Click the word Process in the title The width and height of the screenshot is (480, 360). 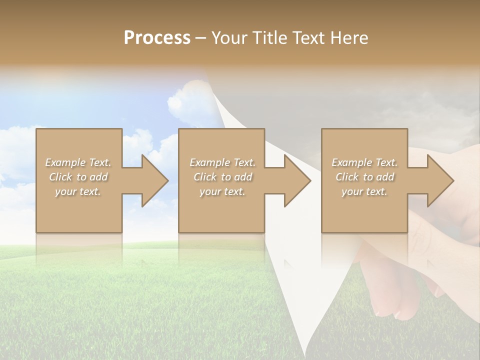(x=157, y=38)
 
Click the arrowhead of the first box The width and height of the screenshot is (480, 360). (x=155, y=180)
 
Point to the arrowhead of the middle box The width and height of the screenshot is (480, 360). (x=297, y=180)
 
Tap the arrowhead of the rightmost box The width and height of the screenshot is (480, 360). (x=440, y=180)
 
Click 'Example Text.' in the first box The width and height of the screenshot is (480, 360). (x=78, y=162)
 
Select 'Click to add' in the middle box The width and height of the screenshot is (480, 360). (x=222, y=177)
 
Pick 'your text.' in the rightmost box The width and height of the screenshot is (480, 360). (x=364, y=191)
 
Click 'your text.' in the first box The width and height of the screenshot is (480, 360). (x=78, y=191)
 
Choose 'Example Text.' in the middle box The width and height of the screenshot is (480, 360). (x=222, y=162)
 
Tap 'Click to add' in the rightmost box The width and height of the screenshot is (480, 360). (x=364, y=177)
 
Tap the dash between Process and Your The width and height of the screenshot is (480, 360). (x=200, y=38)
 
